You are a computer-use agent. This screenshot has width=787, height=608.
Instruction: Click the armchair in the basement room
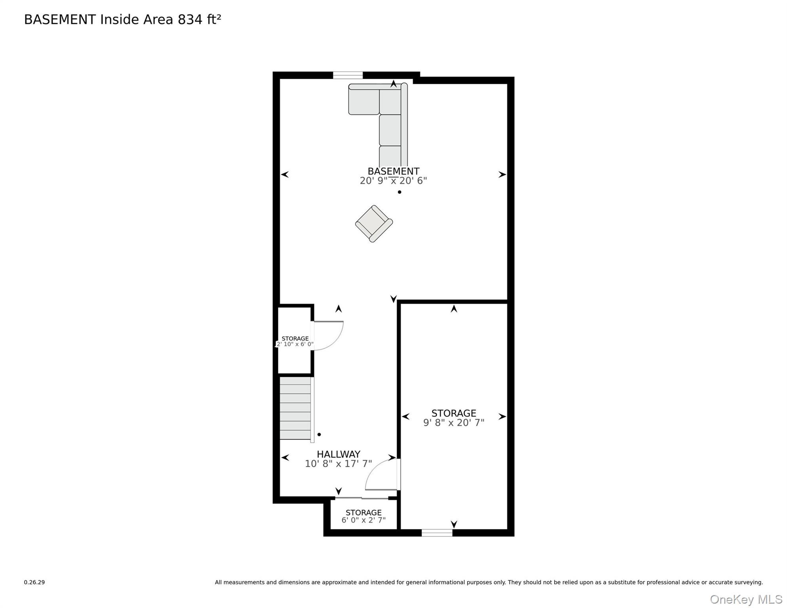point(374,224)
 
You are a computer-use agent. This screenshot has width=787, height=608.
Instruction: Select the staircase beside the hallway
point(297,408)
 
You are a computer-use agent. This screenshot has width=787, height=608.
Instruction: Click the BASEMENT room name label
point(393,171)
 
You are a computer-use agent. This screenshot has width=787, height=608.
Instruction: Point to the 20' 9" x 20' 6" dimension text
point(393,180)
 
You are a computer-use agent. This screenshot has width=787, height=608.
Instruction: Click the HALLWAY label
point(338,454)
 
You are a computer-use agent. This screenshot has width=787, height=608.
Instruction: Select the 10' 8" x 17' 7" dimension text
point(338,464)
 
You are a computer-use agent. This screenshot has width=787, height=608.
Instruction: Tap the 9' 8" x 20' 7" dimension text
point(454,422)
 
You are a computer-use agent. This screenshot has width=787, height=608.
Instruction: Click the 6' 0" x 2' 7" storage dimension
point(363,520)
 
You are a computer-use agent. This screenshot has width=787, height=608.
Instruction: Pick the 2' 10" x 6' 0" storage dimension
point(295,344)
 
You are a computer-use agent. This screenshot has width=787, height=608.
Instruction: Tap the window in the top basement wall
point(348,75)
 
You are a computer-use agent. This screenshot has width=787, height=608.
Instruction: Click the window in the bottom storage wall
point(437,533)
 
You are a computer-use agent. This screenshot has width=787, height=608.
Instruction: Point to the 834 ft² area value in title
point(199,19)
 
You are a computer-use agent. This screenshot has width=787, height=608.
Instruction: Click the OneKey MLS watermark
point(746,600)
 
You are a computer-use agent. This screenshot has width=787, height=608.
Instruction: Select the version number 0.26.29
point(34,582)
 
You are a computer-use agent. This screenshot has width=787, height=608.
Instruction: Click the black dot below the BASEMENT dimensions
point(399,192)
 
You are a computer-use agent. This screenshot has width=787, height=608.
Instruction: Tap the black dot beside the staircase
point(319,434)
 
